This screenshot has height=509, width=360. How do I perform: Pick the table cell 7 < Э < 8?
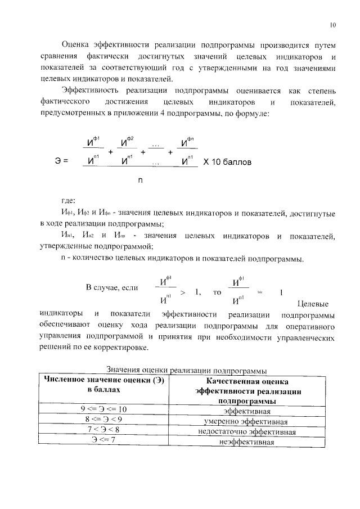point(103,430)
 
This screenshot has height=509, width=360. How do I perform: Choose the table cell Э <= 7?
point(103,440)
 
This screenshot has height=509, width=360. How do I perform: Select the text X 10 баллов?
point(227,161)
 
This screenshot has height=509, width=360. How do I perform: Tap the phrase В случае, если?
point(112,288)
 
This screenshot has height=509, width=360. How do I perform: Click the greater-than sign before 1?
point(183,292)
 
